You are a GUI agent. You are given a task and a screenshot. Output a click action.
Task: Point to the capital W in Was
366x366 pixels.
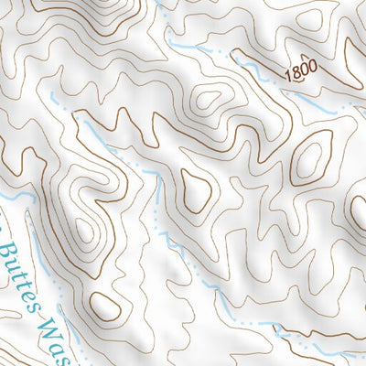(55, 317)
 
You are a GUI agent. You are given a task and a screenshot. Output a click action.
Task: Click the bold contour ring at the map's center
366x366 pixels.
(196, 189)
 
